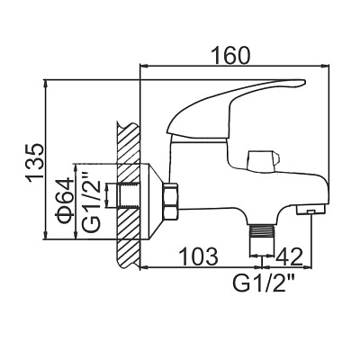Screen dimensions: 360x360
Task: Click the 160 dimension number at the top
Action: (x=230, y=55)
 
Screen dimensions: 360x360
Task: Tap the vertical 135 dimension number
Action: (x=36, y=163)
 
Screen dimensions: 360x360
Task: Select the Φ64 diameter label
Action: (x=65, y=200)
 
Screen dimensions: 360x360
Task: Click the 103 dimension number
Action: (x=198, y=256)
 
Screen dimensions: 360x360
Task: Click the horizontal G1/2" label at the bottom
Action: (x=263, y=283)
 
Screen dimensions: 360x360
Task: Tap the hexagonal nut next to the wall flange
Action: (x=171, y=202)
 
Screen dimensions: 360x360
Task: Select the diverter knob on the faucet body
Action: (x=263, y=161)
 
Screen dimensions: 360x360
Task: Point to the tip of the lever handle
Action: (x=305, y=82)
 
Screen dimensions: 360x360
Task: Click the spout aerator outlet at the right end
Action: (x=310, y=210)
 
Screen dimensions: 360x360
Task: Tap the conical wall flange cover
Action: (x=152, y=202)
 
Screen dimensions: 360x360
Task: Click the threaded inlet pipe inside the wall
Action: (x=130, y=195)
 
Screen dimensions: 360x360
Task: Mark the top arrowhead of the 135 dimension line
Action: (x=46, y=83)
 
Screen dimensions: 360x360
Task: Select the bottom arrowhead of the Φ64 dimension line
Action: (x=75, y=236)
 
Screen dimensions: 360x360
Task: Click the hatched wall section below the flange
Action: (x=128, y=253)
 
